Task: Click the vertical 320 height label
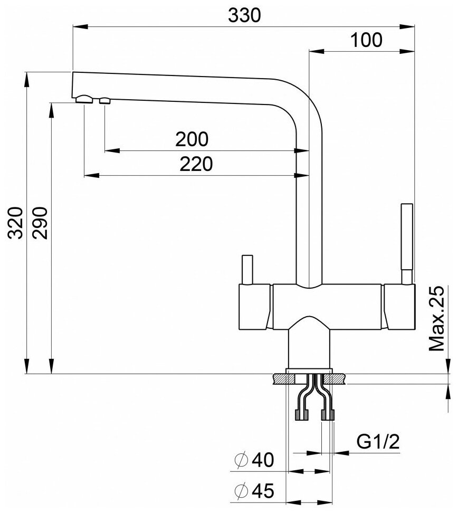(16, 223)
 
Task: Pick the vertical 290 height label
(42, 223)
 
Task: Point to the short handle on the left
(247, 269)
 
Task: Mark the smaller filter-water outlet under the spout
(104, 100)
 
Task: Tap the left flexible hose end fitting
(302, 414)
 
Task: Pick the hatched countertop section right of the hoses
(338, 379)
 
